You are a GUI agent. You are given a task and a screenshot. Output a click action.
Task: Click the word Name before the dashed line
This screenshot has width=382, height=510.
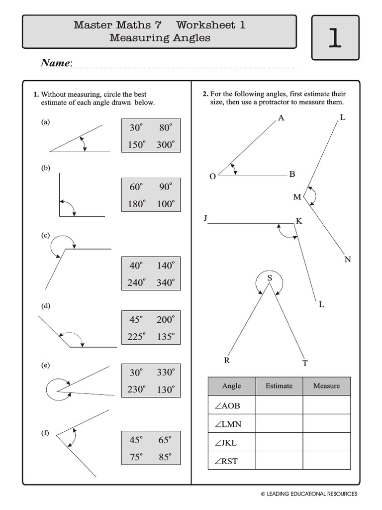point(56,63)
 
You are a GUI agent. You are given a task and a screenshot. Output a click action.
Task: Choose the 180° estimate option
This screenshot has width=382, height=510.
point(137,204)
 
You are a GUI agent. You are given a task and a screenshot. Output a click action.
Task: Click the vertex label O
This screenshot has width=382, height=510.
point(212,176)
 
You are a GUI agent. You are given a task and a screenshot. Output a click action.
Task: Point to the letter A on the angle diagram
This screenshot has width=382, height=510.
point(281,118)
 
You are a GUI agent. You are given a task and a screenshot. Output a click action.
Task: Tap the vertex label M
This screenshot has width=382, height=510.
point(297,197)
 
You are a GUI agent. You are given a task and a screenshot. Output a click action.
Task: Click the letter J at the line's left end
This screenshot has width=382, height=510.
point(205,218)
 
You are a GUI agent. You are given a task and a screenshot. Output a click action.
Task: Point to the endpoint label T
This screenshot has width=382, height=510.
point(305,363)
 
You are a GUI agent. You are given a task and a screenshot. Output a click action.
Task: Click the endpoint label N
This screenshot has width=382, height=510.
point(348,259)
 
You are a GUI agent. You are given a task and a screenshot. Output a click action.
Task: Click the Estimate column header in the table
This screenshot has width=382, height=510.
point(279,386)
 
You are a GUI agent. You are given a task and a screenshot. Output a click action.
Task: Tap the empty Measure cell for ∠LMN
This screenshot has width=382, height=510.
point(326,424)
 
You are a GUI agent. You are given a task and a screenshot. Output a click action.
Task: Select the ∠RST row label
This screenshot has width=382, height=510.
point(227,461)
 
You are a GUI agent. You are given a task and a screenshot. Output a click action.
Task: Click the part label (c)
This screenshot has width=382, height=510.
point(45,235)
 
